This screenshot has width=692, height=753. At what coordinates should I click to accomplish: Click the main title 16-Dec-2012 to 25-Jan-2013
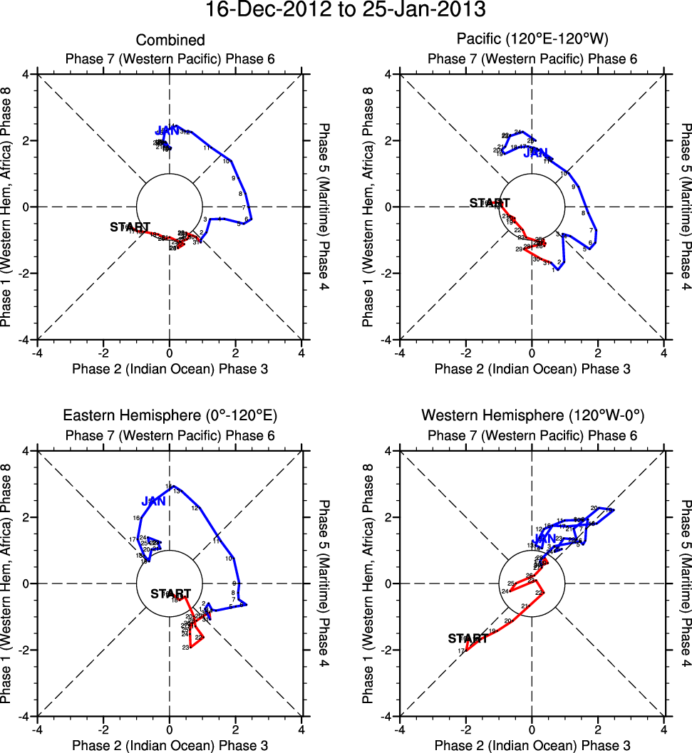click(x=346, y=11)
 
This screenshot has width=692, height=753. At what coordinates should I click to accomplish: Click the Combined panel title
click(x=170, y=40)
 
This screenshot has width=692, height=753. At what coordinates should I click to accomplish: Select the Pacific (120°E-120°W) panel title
click(x=532, y=40)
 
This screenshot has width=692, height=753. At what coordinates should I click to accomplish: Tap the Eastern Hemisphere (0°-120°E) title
click(x=170, y=416)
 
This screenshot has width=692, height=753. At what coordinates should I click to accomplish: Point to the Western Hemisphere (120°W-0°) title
click(x=532, y=416)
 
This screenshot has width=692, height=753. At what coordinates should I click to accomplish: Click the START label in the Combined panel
click(x=130, y=227)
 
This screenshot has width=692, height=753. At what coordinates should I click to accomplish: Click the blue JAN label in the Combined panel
click(x=167, y=130)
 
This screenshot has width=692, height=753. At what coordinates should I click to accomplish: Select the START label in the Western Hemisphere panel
click(x=468, y=639)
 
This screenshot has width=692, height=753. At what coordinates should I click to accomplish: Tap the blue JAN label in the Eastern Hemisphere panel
click(x=153, y=502)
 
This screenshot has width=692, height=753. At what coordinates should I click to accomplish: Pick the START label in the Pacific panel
click(x=490, y=203)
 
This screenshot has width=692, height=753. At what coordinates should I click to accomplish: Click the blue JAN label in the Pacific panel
click(x=535, y=152)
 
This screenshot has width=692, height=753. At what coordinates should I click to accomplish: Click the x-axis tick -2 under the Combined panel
click(x=104, y=353)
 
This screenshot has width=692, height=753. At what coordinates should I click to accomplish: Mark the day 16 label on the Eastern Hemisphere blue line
click(x=136, y=518)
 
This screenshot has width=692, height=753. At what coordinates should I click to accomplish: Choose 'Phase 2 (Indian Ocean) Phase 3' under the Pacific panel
click(x=532, y=368)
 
